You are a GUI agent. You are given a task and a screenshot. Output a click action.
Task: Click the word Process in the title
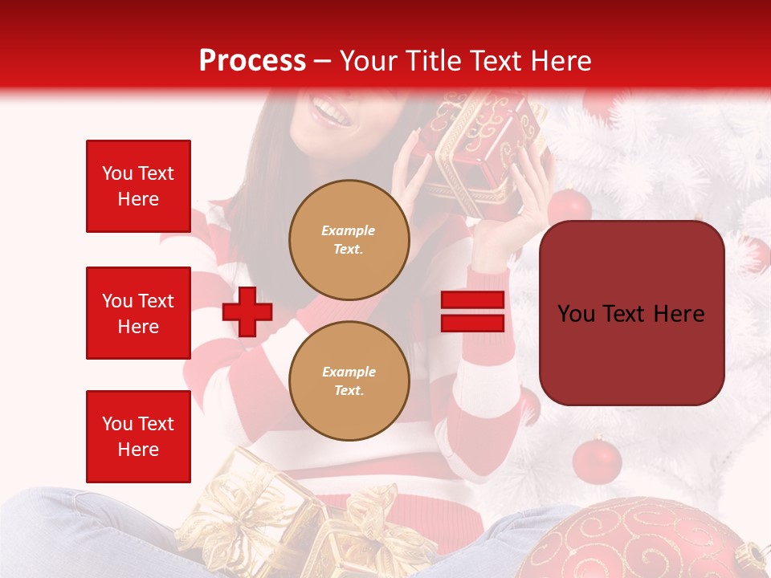tap(252, 61)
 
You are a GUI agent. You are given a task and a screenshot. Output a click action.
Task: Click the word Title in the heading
tap(431, 61)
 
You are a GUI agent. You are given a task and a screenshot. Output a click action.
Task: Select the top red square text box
tap(138, 186)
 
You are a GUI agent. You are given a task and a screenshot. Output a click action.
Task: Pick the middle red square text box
tap(138, 313)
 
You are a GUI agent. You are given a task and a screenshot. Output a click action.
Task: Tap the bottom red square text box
tap(138, 436)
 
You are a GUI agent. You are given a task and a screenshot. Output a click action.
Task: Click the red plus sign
tap(247, 311)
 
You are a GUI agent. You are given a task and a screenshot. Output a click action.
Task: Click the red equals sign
tap(472, 311)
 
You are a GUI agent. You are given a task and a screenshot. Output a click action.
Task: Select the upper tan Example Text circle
tap(349, 239)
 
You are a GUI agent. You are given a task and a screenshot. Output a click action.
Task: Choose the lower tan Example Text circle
tap(349, 381)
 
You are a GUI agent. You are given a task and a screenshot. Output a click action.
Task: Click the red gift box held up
tap(482, 144)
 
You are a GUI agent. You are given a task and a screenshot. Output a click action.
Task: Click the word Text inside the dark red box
tap(632, 314)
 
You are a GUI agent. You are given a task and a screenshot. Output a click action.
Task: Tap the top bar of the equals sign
tap(472, 300)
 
